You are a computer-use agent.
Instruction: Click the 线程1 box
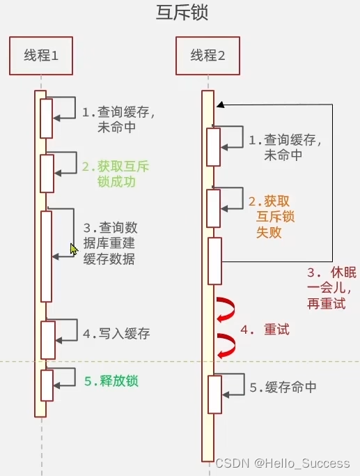(41, 55)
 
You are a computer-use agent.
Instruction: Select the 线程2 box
(208, 55)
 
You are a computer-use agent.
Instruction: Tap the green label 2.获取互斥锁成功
(116, 174)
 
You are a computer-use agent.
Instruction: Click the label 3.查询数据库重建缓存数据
(109, 243)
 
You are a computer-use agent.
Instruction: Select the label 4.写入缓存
(116, 334)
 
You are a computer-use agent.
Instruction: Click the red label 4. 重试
(265, 329)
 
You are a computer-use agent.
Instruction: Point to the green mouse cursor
(74, 249)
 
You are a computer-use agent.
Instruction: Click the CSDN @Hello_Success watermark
(282, 463)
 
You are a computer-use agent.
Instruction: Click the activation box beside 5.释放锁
(47, 385)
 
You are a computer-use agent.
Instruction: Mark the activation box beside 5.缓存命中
(214, 394)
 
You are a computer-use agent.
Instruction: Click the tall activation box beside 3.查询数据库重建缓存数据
(47, 256)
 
